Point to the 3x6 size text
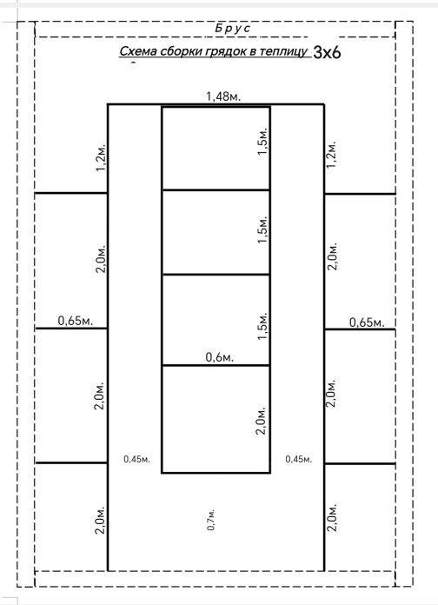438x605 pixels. [328, 52]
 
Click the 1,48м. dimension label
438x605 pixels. [223, 96]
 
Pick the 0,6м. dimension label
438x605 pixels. [220, 357]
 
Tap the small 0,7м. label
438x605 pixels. [211, 520]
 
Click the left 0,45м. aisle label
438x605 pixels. [136, 459]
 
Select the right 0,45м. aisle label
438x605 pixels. [299, 459]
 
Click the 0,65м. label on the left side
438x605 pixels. [76, 321]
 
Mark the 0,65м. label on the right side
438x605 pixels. [367, 322]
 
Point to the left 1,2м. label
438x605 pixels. [101, 157]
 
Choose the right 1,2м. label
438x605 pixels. [331, 154]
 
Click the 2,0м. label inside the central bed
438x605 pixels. [262, 420]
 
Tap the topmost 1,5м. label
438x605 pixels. [262, 141]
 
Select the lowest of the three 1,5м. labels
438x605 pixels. [262, 326]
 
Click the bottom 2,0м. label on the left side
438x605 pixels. [100, 519]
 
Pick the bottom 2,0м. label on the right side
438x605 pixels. [332, 517]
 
